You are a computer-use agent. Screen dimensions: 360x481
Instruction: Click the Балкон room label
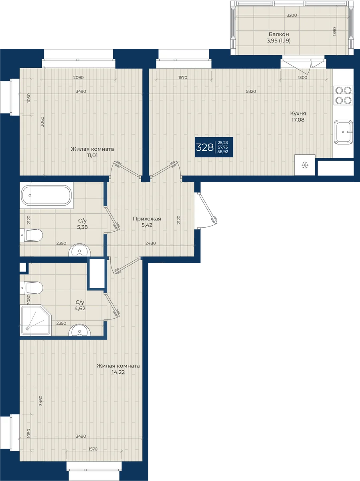tap(279, 34)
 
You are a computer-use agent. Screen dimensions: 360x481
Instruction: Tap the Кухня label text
tap(298, 113)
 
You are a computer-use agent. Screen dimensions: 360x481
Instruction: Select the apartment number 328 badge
tap(214, 147)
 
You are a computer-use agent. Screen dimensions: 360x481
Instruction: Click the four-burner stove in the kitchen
tap(343, 95)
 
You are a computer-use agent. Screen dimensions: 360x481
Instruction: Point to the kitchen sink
tap(343, 132)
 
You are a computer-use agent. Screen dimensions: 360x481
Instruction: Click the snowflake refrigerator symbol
tap(305, 165)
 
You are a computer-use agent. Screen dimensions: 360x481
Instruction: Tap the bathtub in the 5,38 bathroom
tap(46, 196)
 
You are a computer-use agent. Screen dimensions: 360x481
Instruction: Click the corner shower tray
tap(36, 320)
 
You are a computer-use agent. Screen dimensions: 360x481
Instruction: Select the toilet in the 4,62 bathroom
tap(31, 288)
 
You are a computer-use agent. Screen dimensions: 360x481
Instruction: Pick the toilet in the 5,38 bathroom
tap(31, 235)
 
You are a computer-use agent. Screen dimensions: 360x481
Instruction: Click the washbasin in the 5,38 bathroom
tap(79, 250)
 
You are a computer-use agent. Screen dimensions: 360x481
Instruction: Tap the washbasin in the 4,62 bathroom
tap(79, 330)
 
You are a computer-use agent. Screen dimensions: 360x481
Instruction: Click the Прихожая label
tap(147, 219)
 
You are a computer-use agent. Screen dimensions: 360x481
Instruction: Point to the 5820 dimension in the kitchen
tap(251, 91)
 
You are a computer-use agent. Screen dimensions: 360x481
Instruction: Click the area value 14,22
tap(118, 372)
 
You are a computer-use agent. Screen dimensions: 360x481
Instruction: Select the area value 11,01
tap(92, 156)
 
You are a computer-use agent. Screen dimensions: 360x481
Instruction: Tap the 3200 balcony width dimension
tap(292, 15)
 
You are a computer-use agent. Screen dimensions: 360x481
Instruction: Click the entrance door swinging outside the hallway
tap(206, 211)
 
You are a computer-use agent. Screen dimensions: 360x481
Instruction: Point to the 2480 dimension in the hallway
tap(151, 243)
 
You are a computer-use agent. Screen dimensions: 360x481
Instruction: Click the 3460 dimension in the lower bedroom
tap(41, 400)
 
